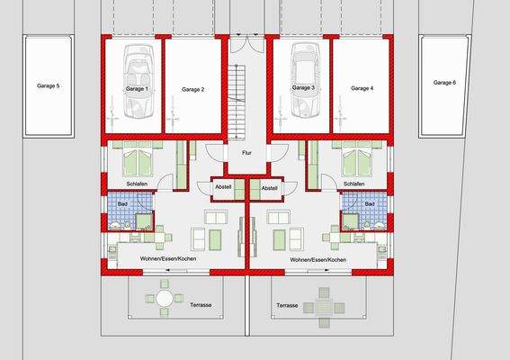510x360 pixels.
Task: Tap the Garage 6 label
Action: pyautogui.click(x=445, y=82)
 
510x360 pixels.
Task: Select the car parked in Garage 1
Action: pyautogui.click(x=139, y=82)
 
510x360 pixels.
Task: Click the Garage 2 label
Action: pyautogui.click(x=192, y=89)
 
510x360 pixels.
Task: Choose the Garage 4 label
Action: pyautogui.click(x=362, y=88)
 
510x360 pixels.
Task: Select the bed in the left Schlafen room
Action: pyautogui.click(x=139, y=163)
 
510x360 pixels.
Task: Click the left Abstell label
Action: pyautogui.click(x=223, y=187)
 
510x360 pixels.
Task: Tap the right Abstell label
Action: pyautogui.click(x=269, y=187)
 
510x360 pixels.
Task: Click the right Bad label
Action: pyautogui.click(x=370, y=204)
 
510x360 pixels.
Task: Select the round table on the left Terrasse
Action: pyautogui.click(x=164, y=296)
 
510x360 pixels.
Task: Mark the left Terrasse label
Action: pyautogui.click(x=201, y=305)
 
